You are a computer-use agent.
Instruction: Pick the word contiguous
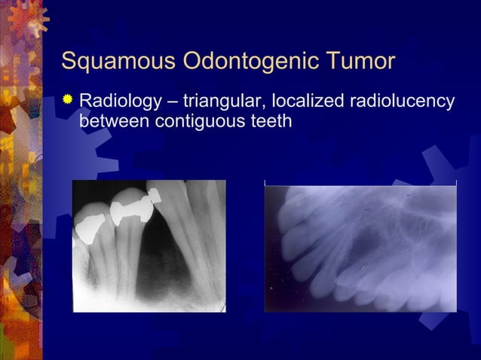point(198,120)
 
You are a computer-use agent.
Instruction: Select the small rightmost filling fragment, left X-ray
point(156,197)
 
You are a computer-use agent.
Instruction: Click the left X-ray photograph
point(149,246)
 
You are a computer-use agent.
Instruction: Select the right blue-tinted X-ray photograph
point(360,248)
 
